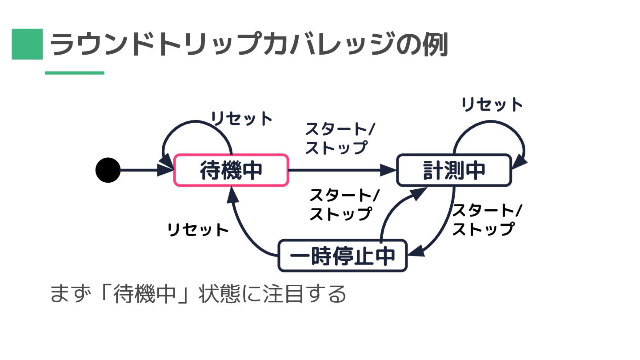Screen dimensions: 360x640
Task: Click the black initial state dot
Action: tap(108, 170)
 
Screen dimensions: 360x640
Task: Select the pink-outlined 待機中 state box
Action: tap(231, 170)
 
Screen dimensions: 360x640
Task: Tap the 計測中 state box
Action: tap(454, 170)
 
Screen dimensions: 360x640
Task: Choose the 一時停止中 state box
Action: tap(342, 256)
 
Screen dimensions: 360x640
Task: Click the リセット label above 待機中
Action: tap(241, 119)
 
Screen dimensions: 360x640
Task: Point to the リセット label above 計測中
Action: tap(492, 104)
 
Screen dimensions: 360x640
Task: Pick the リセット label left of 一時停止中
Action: tap(198, 230)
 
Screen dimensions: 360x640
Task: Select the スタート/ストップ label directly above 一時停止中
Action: tap(344, 204)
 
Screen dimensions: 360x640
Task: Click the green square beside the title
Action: tap(27, 44)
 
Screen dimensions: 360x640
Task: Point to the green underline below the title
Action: tap(75, 73)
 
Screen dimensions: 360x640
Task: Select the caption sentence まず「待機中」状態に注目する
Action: tap(198, 294)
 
